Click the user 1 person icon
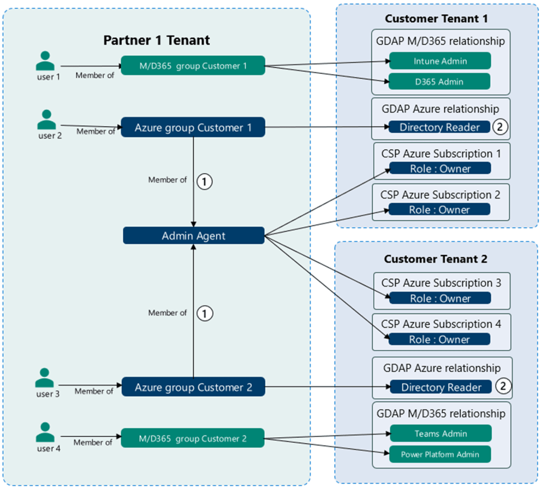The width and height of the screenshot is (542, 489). pyautogui.click(x=45, y=61)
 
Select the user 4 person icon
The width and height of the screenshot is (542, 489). pyautogui.click(x=45, y=433)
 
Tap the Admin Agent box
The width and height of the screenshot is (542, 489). pyautogui.click(x=193, y=236)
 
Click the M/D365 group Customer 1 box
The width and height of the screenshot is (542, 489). pyautogui.click(x=193, y=66)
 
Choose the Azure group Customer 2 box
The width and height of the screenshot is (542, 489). pyautogui.click(x=193, y=387)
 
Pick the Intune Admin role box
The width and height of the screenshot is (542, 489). pyautogui.click(x=440, y=61)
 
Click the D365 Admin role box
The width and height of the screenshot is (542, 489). pyautogui.click(x=439, y=82)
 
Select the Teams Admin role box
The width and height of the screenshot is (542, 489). pyautogui.click(x=440, y=433)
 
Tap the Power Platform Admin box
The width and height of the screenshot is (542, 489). pyautogui.click(x=440, y=454)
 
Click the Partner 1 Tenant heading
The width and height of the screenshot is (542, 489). pyautogui.click(x=156, y=40)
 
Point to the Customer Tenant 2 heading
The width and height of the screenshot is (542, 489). pyautogui.click(x=435, y=259)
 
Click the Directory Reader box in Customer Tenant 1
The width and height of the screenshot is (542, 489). pyautogui.click(x=439, y=127)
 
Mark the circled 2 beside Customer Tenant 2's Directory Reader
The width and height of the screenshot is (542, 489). pyautogui.click(x=503, y=386)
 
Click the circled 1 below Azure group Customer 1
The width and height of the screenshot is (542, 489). pyautogui.click(x=204, y=182)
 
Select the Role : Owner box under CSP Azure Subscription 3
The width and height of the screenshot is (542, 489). pyautogui.click(x=440, y=298)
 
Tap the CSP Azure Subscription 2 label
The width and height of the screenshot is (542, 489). pyautogui.click(x=440, y=195)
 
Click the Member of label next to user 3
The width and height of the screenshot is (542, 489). pyautogui.click(x=93, y=391)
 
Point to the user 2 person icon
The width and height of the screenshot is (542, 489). pyautogui.click(x=47, y=120)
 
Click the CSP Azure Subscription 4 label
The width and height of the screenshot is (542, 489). pyautogui.click(x=441, y=324)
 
